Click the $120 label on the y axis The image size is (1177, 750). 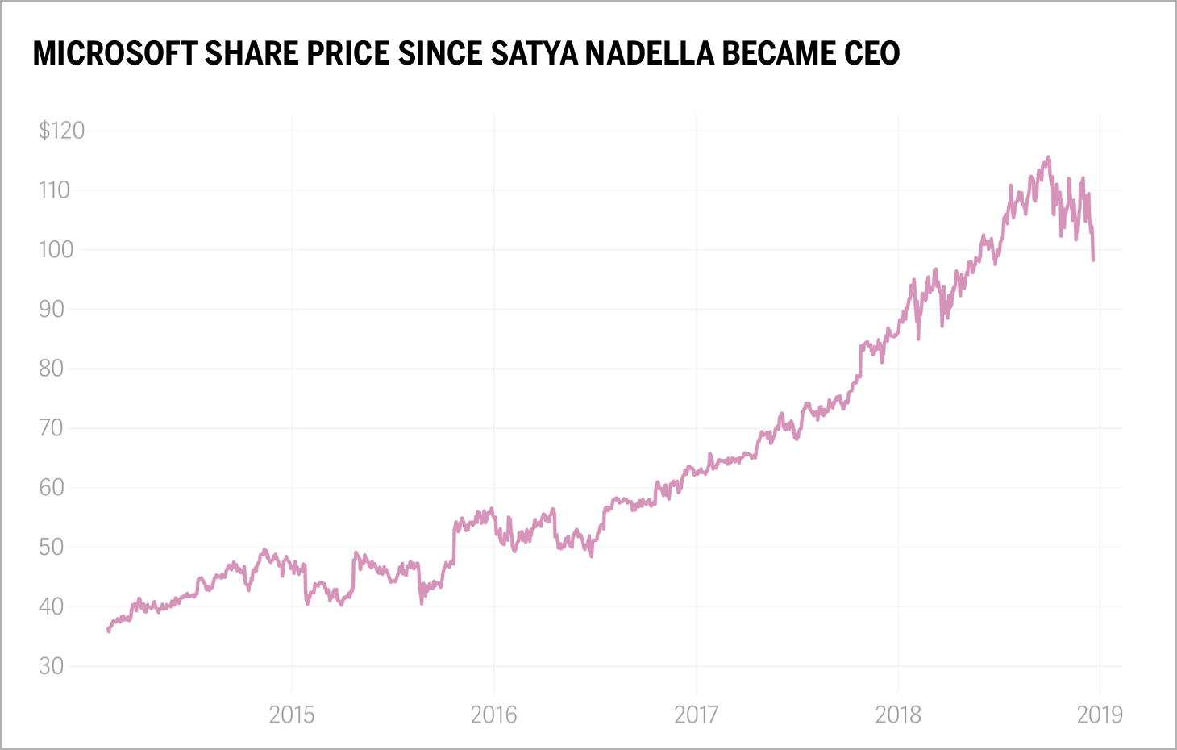[x=61, y=130]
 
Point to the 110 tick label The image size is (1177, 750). [x=54, y=190]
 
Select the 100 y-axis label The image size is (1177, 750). [x=56, y=249]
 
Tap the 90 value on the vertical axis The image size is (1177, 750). [x=51, y=309]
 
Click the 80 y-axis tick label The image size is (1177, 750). [x=51, y=369]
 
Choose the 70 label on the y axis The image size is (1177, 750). [x=51, y=427]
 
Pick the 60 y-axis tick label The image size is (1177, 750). [x=51, y=487]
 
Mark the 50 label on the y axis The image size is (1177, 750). [x=51, y=547]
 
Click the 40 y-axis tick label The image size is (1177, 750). [x=51, y=606]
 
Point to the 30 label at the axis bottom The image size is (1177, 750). [x=51, y=666]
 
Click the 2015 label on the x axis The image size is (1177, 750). [x=292, y=715]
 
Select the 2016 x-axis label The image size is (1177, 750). [x=493, y=715]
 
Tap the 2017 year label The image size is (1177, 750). [x=696, y=715]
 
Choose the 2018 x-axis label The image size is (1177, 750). [x=898, y=715]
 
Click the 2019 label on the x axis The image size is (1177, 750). [x=1100, y=715]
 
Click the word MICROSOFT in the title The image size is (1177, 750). [x=114, y=53]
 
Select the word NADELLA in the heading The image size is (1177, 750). [x=649, y=53]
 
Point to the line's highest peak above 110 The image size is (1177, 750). [x=1048, y=157]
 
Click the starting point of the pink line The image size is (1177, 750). [x=108, y=630]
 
